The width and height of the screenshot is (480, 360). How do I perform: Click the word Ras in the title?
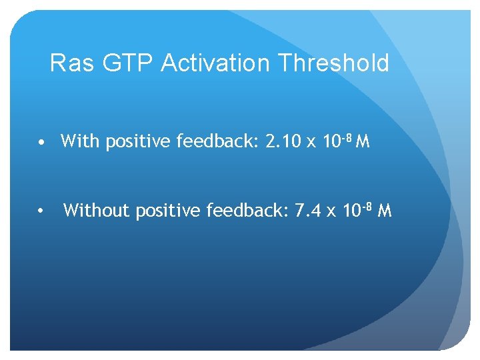point(69,63)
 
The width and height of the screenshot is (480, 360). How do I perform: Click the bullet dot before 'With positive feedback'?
point(41,143)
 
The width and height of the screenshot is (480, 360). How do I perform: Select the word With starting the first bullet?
point(78,141)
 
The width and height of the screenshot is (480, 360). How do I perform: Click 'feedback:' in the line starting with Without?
point(251,211)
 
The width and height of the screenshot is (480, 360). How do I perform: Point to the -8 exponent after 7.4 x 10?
point(367,207)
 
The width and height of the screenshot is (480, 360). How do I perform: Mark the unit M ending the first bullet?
point(363,141)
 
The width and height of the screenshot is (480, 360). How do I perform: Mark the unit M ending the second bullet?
point(385,211)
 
